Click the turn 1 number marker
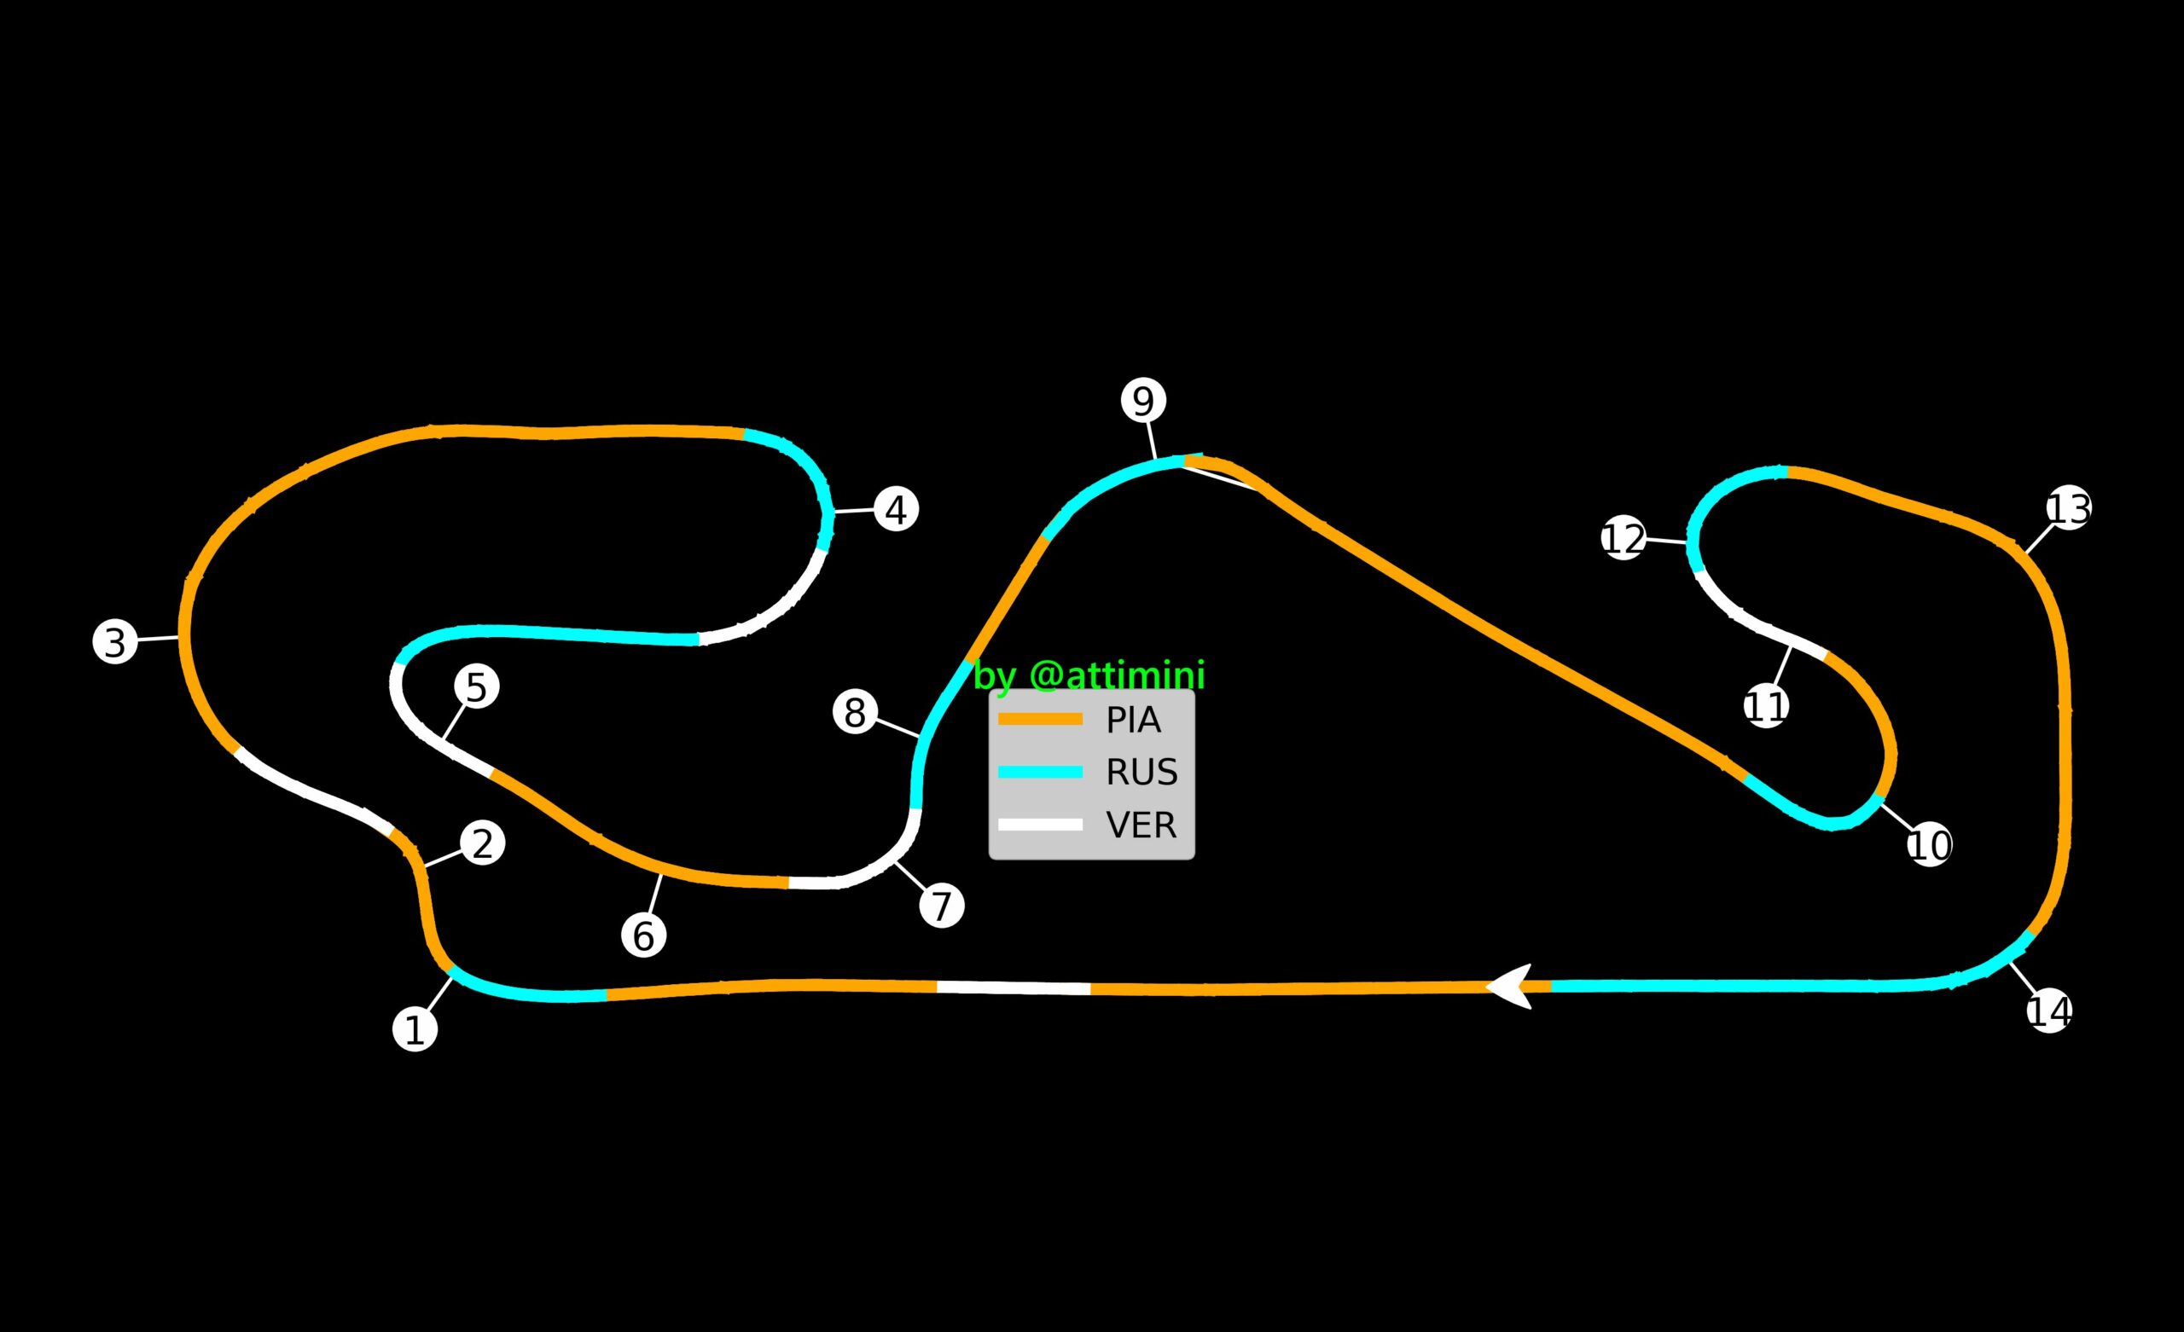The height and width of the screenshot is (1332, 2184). (415, 1029)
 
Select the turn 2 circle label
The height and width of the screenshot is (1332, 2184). (482, 843)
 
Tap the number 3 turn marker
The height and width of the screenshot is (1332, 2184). (115, 640)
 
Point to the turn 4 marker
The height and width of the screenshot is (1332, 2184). (896, 510)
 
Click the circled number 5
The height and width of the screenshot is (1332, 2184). (477, 686)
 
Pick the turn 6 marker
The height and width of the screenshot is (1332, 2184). (643, 935)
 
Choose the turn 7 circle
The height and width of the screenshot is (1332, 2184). (941, 906)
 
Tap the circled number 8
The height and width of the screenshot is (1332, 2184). (856, 712)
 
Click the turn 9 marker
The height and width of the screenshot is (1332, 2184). (1143, 401)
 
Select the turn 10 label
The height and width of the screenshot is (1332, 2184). (1930, 844)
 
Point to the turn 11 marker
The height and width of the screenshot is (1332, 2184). (1767, 706)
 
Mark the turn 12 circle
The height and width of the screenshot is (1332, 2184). (1623, 538)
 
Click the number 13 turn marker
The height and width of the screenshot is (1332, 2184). (2069, 509)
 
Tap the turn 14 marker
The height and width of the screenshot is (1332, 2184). (2049, 1011)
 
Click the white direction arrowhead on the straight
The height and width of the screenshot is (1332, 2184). (1511, 986)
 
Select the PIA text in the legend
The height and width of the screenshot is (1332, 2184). (1133, 721)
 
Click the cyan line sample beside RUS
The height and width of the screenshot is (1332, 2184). (1040, 772)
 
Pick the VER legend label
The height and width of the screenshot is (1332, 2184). (1141, 825)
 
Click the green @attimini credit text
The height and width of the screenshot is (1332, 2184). (1089, 676)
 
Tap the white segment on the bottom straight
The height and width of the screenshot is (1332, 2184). (1014, 987)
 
